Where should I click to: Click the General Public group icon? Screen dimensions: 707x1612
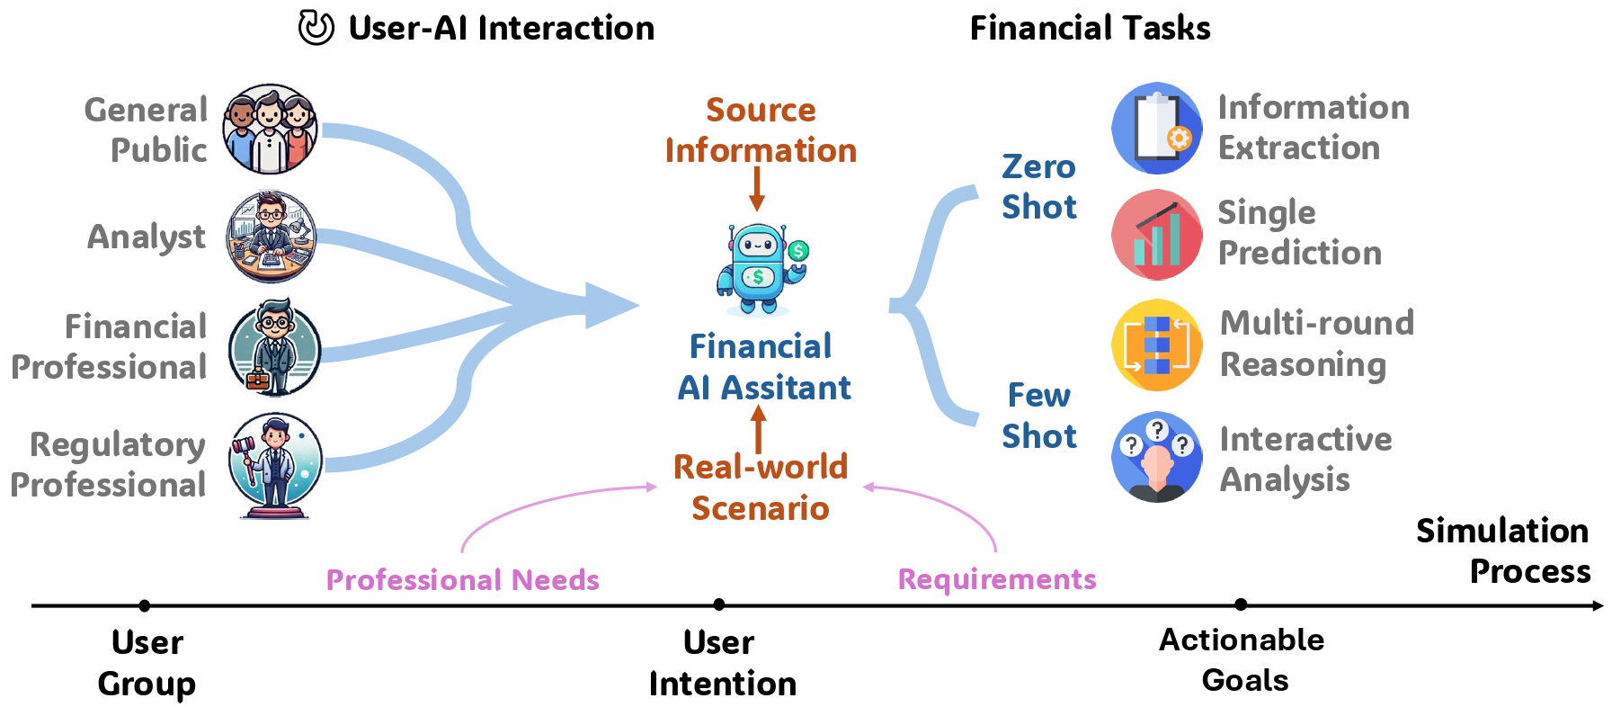point(270,129)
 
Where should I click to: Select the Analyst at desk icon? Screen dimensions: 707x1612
point(271,237)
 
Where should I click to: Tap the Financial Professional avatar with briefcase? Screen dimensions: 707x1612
point(274,348)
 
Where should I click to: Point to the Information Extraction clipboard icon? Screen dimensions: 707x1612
point(1156,129)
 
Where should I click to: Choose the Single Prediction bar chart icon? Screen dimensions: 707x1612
point(1156,235)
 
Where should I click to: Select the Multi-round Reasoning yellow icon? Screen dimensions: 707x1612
point(1156,345)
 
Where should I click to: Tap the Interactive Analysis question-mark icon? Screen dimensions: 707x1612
point(1156,457)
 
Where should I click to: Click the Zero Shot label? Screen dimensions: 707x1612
point(1038,187)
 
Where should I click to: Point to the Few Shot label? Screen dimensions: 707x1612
point(1038,416)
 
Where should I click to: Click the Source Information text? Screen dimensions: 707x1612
point(761,130)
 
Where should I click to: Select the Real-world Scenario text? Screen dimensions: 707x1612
point(761,488)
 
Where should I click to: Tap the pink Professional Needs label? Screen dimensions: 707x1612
point(462,580)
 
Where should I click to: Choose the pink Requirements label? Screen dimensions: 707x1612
point(996,579)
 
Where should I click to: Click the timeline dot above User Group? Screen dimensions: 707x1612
point(145,606)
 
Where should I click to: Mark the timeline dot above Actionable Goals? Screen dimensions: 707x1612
point(1241,604)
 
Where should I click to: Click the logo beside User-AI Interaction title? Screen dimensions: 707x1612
point(316,28)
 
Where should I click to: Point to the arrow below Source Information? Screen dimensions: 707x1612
point(757,190)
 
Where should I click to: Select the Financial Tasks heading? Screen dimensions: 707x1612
point(1090,28)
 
